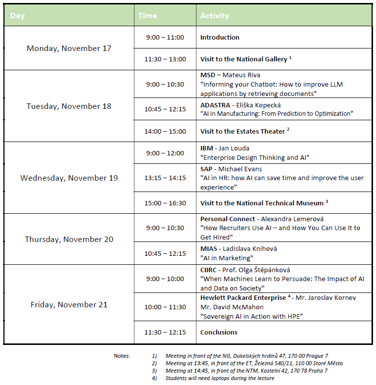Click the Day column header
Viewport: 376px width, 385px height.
coord(18,16)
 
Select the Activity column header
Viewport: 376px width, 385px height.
coord(214,16)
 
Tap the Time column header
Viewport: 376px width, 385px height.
coord(147,16)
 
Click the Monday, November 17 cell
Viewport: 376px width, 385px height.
coord(69,48)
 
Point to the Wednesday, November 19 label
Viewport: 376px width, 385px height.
coord(69,178)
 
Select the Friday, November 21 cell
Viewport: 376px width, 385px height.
coord(69,305)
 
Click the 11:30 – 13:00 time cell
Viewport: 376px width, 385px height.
coord(165,59)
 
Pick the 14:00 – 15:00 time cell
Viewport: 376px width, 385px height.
coord(165,132)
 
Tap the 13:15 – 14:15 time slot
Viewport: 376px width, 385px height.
coord(165,178)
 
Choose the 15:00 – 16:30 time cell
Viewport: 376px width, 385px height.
coord(165,203)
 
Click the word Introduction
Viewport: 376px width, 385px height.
coord(220,38)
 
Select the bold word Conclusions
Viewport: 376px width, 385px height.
coord(219,333)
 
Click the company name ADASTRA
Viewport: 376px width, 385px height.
coord(216,105)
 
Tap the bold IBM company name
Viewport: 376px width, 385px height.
coord(206,148)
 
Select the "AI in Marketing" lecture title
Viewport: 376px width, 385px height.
coord(227,258)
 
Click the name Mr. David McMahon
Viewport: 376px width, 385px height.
coord(226,307)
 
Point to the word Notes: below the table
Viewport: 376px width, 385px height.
coord(122,356)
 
